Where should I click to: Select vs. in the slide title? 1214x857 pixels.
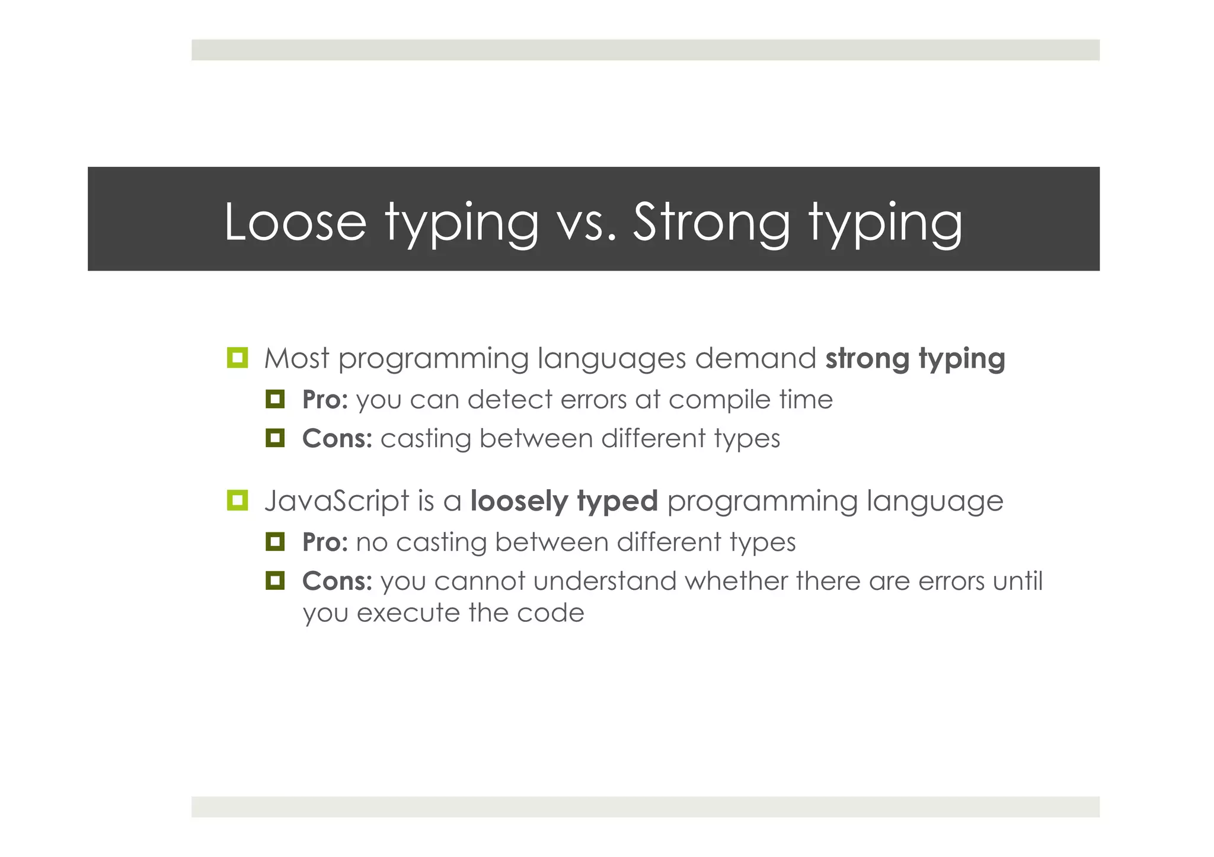pyautogui.click(x=587, y=223)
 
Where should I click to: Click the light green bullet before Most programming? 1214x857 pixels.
pyautogui.click(x=237, y=358)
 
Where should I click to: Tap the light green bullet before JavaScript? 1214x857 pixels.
pyautogui.click(x=237, y=500)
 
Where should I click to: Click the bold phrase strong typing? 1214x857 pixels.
pyautogui.click(x=915, y=359)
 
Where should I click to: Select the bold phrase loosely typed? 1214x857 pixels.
pyautogui.click(x=564, y=501)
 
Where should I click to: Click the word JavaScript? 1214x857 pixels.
pyautogui.click(x=337, y=501)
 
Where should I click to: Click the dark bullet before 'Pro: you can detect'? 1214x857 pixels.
pyautogui.click(x=275, y=399)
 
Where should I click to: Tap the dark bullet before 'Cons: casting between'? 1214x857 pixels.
pyautogui.click(x=275, y=438)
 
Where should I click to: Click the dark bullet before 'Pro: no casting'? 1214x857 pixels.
pyautogui.click(x=275, y=541)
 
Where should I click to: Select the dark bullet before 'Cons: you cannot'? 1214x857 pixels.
pyautogui.click(x=275, y=580)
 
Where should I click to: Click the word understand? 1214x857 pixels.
pyautogui.click(x=605, y=581)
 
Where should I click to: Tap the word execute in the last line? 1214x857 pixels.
pyautogui.click(x=408, y=613)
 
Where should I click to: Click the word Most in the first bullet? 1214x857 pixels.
pyautogui.click(x=296, y=358)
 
